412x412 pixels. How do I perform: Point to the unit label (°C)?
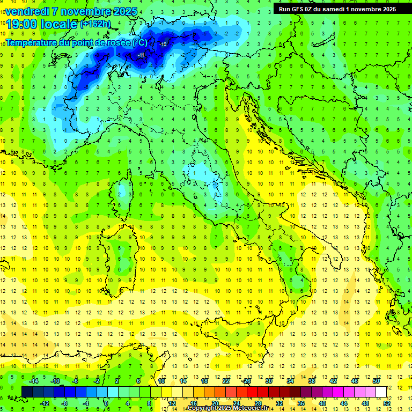coord(139,42)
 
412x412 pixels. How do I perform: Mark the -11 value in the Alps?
coord(141,55)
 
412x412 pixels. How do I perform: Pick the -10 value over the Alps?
coord(163,45)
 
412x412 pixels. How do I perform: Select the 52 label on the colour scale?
coord(387,403)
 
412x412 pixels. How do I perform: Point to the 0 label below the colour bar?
coord(106,403)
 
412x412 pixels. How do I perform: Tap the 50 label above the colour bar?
coord(376,381)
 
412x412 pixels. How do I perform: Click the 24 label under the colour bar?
coord(236,403)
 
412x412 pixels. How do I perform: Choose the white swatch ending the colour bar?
coord(381,392)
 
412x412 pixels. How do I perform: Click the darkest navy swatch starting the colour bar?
coord(27,392)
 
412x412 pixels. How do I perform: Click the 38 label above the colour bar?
coord(312,381)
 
